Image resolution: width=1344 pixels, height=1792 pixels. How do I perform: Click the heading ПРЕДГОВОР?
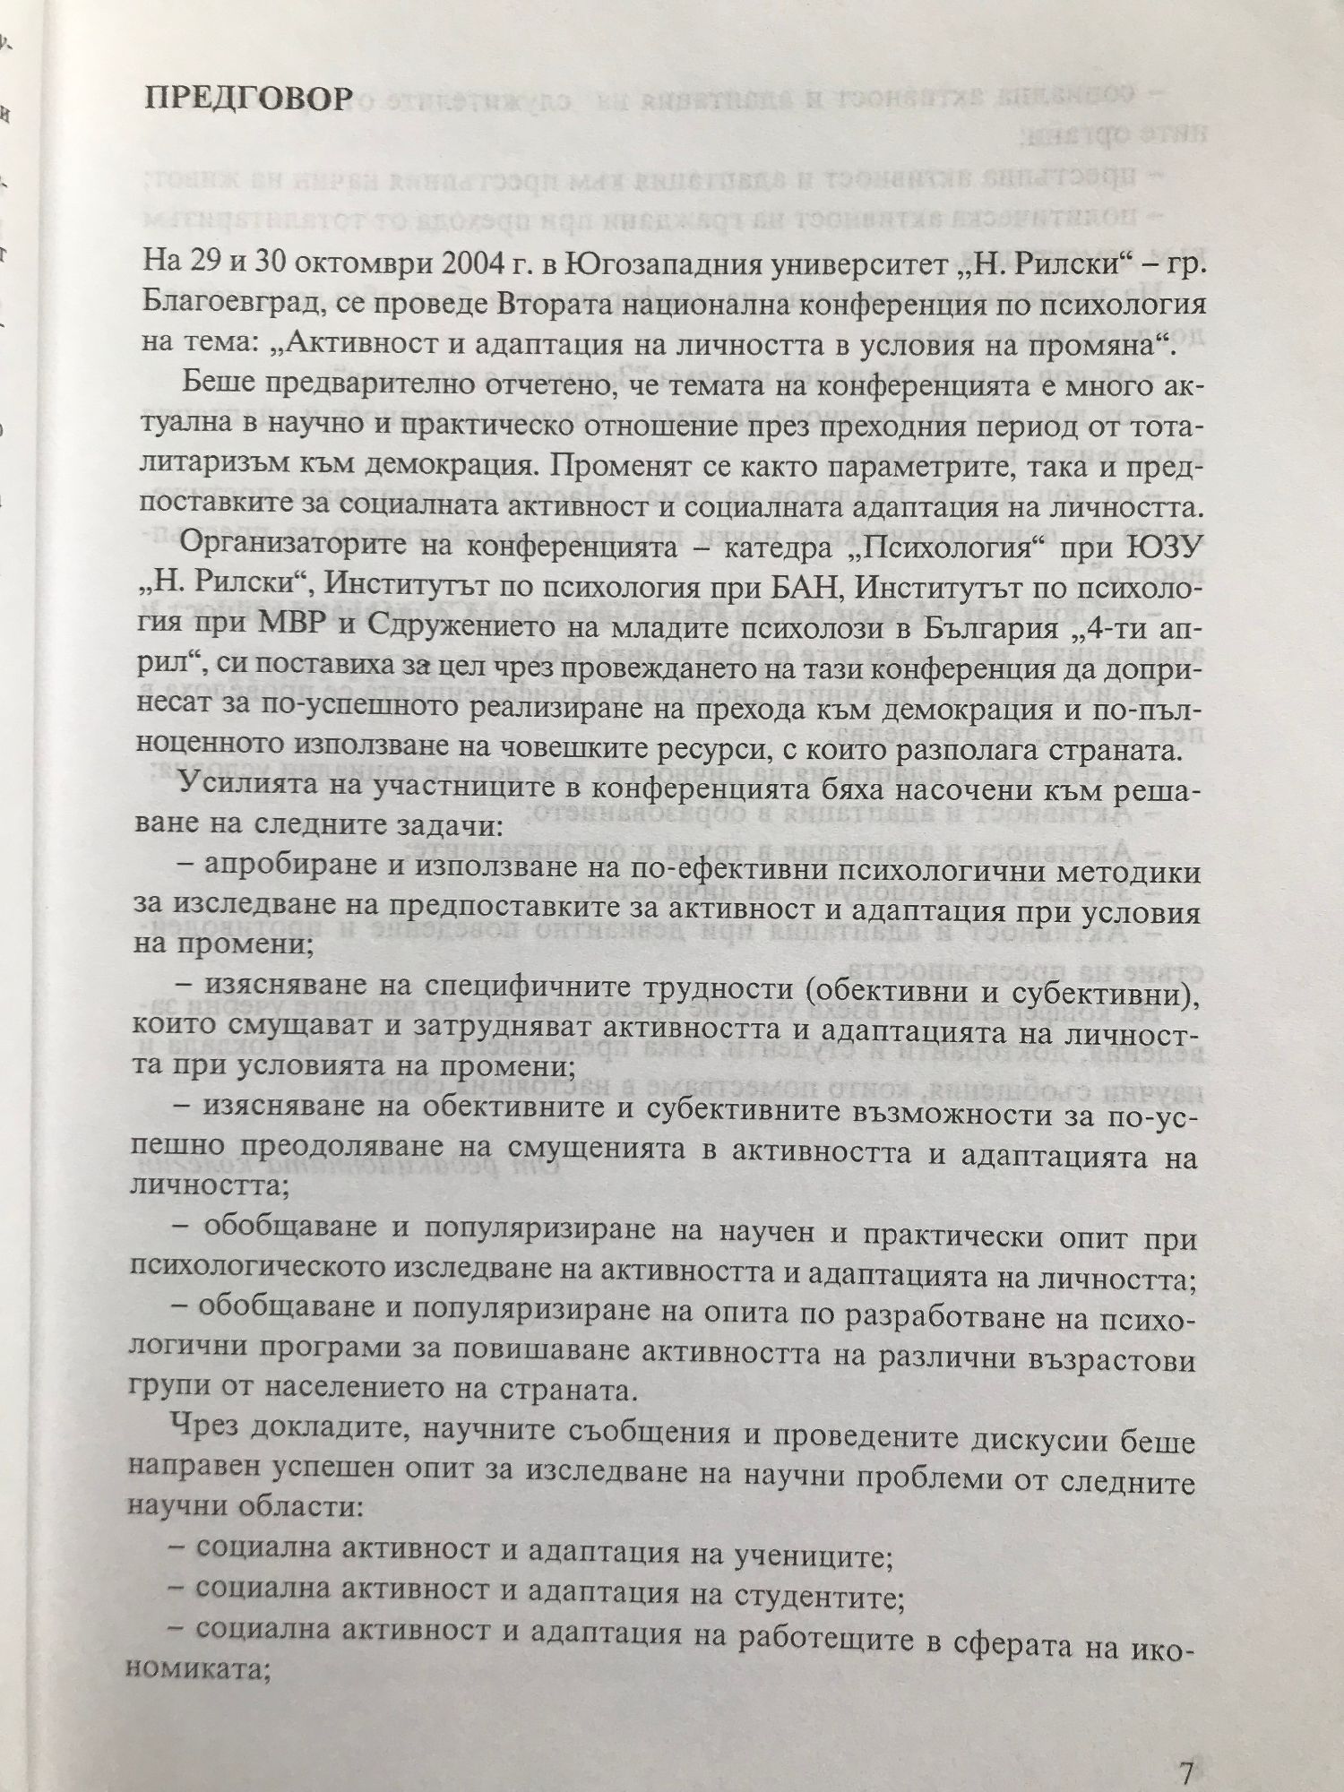pyautogui.click(x=246, y=98)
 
